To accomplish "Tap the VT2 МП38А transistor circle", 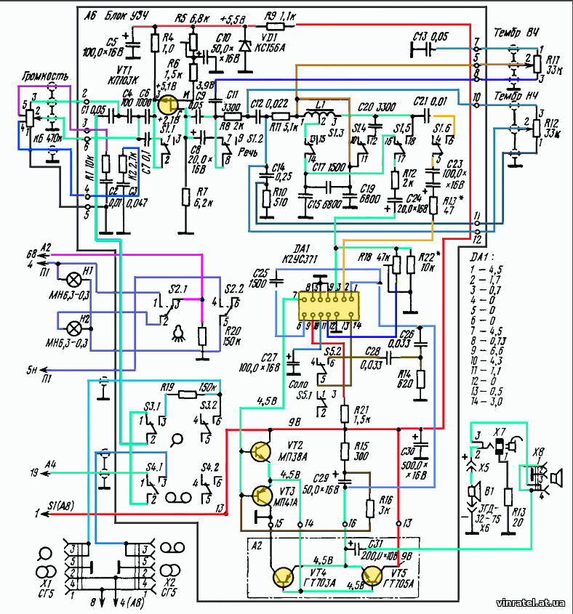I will pyautogui.click(x=261, y=452).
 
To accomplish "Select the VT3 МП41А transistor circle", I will pyautogui.click(x=261, y=496).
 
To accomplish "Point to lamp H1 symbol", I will pyautogui.click(x=72, y=279).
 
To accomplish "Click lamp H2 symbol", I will pyautogui.click(x=72, y=320).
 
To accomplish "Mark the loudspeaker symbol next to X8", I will pyautogui.click(x=557, y=478).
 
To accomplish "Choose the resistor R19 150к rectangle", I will pyautogui.click(x=187, y=395).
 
